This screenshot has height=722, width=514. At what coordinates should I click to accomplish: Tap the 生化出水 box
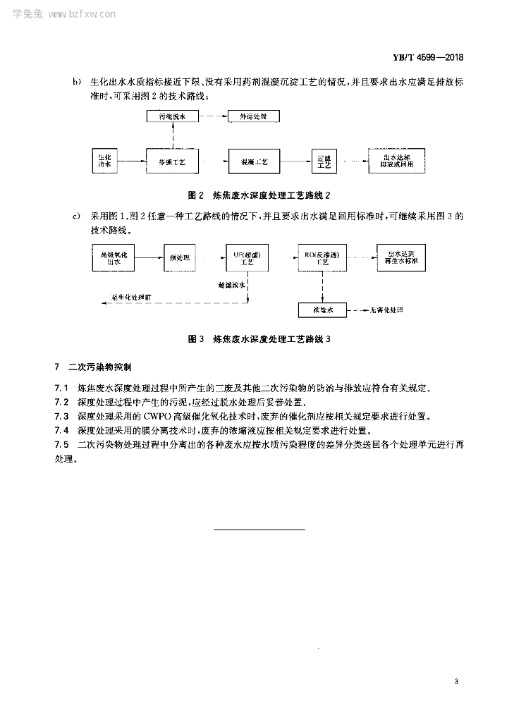pos(105,161)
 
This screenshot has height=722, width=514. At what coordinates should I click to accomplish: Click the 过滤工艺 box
pos(324,161)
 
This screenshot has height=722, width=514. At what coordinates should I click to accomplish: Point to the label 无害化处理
pos(387,310)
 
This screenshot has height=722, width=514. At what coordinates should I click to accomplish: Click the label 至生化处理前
pos(132,298)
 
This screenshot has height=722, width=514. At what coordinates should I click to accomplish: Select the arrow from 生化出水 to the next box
pos(131,161)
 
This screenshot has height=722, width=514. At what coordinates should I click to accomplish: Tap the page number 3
pos(457,681)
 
